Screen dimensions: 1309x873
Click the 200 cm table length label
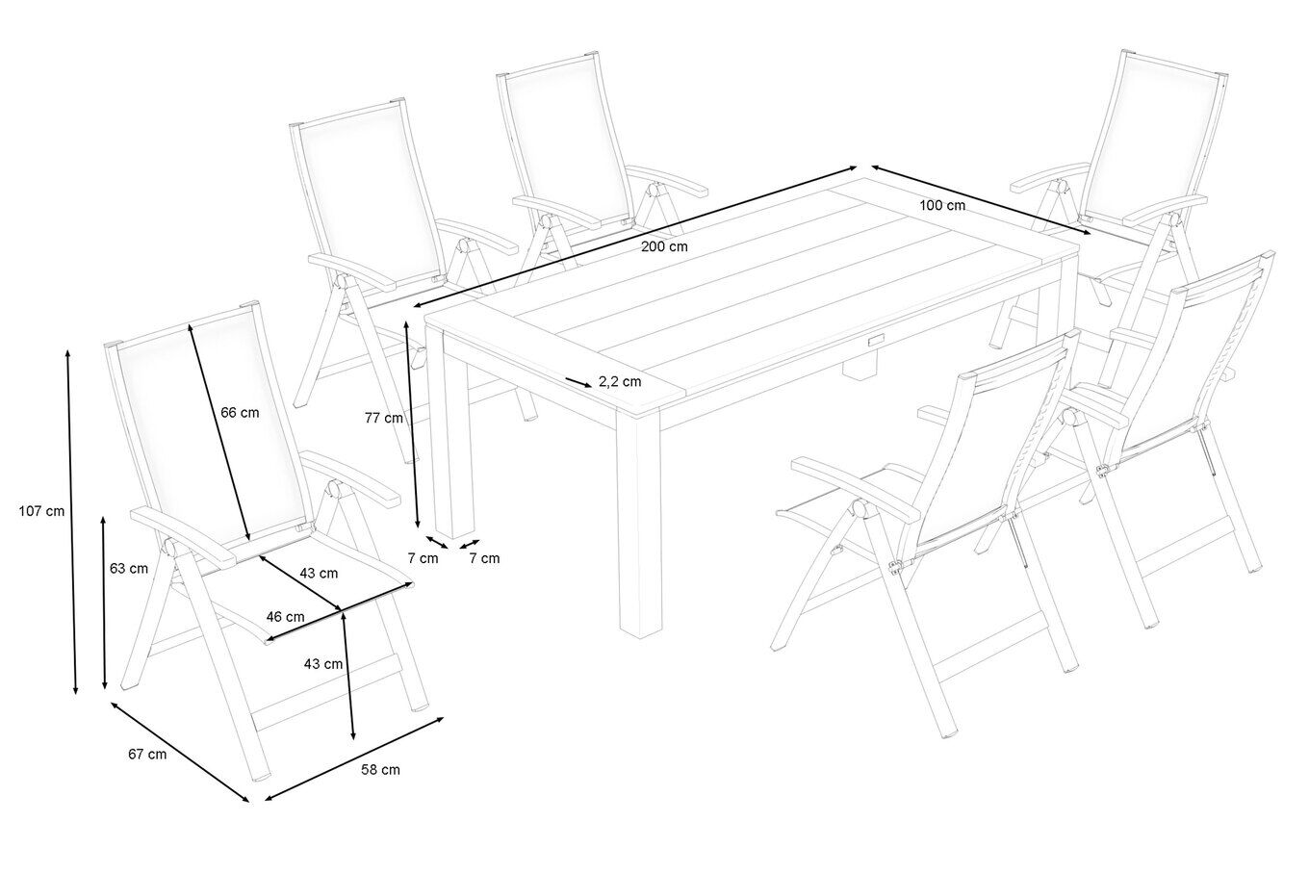(x=664, y=246)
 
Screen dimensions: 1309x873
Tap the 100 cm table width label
(x=942, y=206)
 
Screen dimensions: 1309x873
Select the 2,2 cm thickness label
(x=620, y=382)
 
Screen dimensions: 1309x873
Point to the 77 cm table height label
(x=384, y=418)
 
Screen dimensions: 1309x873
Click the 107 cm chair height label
(x=41, y=511)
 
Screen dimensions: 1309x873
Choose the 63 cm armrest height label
(x=129, y=568)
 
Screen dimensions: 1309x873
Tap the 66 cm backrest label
(x=240, y=413)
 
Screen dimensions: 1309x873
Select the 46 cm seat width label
(x=285, y=616)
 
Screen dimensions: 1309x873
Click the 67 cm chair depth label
(x=147, y=755)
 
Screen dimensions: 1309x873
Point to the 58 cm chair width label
(x=380, y=770)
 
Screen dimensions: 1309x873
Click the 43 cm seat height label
(x=323, y=664)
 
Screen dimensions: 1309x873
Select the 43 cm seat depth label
(x=320, y=574)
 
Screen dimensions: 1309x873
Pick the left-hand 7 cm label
(x=423, y=558)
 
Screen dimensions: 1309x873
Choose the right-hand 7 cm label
(x=484, y=558)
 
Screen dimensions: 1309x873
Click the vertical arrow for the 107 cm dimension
(x=71, y=522)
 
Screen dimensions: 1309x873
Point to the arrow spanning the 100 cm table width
(x=981, y=200)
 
